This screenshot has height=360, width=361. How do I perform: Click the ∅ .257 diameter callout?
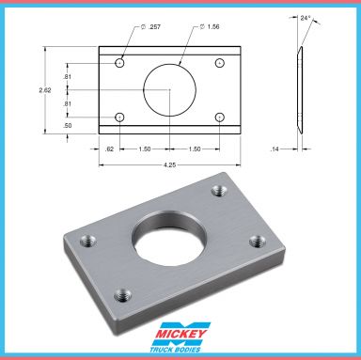click(151, 28)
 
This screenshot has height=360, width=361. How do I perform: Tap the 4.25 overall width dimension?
click(169, 164)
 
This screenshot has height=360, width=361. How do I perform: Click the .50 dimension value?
click(68, 124)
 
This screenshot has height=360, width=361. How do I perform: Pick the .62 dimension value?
click(109, 149)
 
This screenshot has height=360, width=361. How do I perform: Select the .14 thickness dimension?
click(275, 149)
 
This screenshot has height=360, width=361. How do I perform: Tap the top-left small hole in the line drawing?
click(120, 63)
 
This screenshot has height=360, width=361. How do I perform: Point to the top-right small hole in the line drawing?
click(219, 63)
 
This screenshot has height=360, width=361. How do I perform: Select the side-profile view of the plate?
click(299, 89)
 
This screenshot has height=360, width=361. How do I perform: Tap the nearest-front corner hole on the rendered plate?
click(120, 296)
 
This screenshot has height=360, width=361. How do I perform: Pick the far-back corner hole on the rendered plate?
click(220, 192)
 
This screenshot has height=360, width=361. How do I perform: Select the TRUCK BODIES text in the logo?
click(180, 350)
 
